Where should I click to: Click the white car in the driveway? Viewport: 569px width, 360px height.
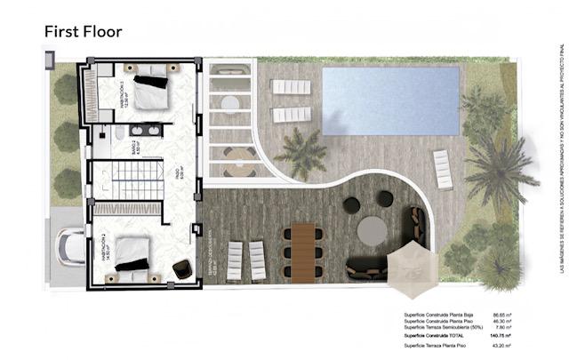click(69, 244)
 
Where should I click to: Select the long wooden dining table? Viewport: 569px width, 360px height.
click(302, 251)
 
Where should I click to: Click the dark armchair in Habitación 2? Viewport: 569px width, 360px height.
click(181, 268)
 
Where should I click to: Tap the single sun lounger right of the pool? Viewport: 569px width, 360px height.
click(442, 168)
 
